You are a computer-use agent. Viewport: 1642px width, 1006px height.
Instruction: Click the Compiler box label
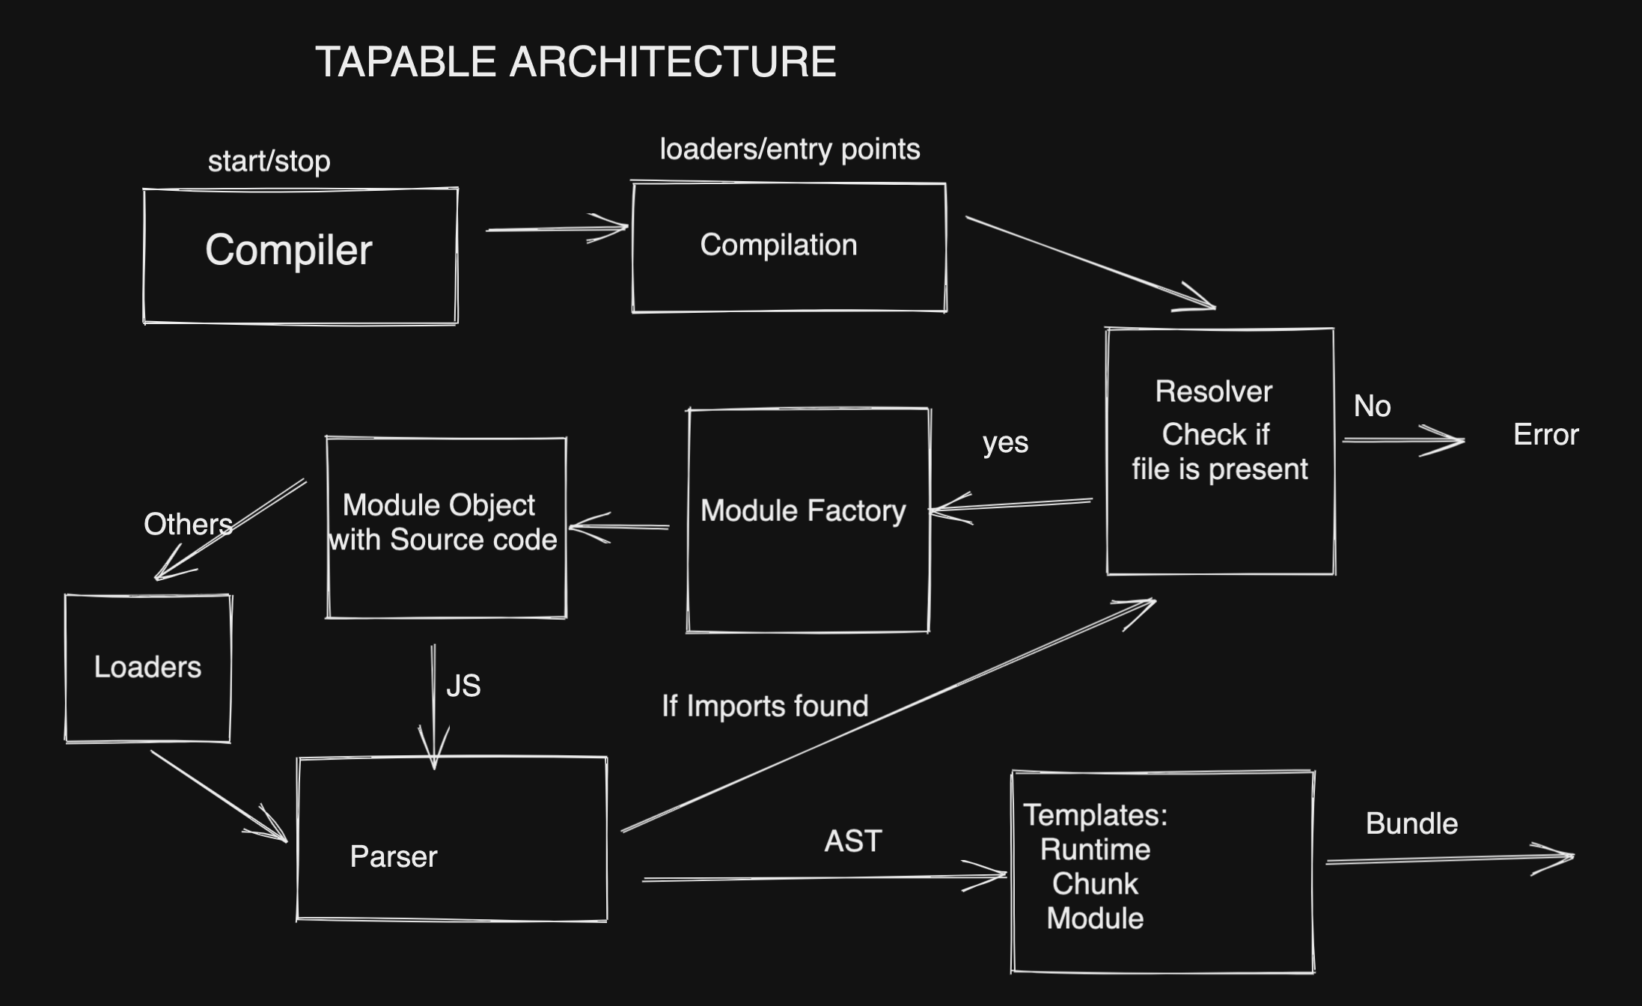[x=288, y=250]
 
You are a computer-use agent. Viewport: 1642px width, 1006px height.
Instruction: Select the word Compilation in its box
[x=778, y=246]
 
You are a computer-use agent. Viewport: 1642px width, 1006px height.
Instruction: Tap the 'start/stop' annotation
[x=269, y=162]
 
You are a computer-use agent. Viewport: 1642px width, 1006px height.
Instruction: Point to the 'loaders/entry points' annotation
[x=790, y=150]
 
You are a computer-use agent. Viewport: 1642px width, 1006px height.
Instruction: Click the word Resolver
[x=1213, y=391]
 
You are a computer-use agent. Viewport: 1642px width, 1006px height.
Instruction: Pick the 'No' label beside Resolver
[x=1372, y=406]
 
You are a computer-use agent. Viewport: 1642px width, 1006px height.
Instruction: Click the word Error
[x=1545, y=435]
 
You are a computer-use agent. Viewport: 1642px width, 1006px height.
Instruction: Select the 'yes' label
[x=1005, y=443]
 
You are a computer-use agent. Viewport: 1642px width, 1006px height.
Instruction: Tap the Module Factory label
[x=803, y=511]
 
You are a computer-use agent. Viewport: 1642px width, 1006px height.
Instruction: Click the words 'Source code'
[x=473, y=540]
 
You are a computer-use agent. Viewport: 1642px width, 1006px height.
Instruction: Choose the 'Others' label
[x=188, y=525]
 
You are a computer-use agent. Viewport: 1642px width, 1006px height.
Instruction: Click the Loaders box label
[x=147, y=667]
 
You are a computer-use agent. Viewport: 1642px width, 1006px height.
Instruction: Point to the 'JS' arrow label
[x=463, y=686]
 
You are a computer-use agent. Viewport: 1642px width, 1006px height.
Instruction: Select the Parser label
[x=394, y=857]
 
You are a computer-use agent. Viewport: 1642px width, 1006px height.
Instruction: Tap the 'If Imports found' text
[x=765, y=707]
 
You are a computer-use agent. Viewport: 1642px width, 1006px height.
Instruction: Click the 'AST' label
[x=852, y=841]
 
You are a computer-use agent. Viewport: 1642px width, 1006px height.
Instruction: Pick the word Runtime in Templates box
[x=1095, y=850]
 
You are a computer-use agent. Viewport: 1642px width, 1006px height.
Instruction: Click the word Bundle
[x=1411, y=824]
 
